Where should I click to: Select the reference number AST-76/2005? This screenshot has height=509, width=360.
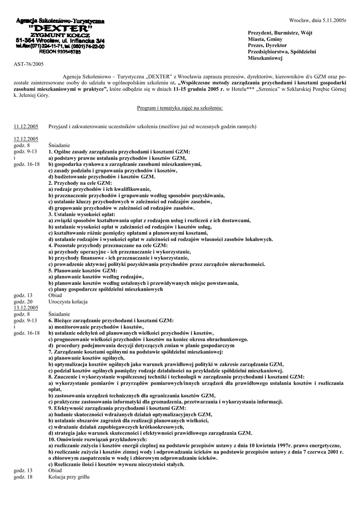[29, 64]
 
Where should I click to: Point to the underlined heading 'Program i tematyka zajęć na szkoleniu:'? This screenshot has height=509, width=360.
[180, 107]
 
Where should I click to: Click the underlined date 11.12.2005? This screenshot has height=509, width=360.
[26, 127]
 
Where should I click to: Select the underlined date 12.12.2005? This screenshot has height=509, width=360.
[26, 139]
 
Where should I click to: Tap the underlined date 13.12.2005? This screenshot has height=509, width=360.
[26, 308]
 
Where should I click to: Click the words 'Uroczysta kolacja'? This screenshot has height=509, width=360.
[68, 302]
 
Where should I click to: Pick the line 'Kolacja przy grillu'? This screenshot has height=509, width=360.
[69, 477]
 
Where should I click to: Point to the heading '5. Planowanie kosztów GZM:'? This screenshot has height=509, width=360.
[83, 270]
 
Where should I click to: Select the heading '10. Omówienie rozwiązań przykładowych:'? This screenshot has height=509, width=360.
[97, 439]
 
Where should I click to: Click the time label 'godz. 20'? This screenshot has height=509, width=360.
[23, 302]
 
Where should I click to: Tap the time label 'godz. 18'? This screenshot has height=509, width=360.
[23, 477]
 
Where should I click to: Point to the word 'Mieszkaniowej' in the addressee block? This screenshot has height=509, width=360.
[265, 58]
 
